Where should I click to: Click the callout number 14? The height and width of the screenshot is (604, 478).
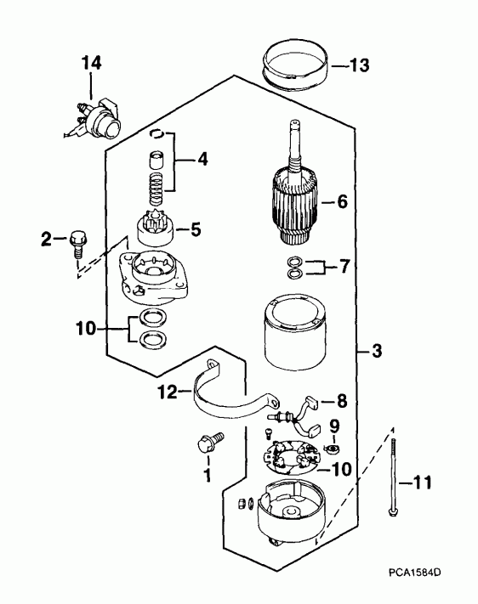[x=92, y=63]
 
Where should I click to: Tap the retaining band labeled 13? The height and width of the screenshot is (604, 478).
[x=294, y=65]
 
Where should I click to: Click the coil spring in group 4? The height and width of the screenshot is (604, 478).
[x=156, y=189]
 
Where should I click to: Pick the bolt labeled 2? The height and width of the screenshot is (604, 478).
[x=78, y=244]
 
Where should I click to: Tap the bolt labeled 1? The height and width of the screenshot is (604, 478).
[x=209, y=443]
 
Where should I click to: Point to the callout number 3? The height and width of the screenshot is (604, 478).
[x=376, y=351]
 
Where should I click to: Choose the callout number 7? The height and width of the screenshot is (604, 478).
[x=344, y=266]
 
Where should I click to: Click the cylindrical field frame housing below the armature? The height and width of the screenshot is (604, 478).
[x=295, y=332]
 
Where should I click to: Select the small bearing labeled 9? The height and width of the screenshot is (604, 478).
[x=333, y=449]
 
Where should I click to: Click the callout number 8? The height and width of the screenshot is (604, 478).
[x=342, y=401]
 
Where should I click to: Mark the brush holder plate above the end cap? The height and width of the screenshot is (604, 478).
[x=290, y=458]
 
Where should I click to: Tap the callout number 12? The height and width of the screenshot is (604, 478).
[x=168, y=392]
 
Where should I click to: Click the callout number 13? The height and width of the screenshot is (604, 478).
[x=360, y=65]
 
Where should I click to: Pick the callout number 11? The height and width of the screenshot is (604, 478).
[x=422, y=483]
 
